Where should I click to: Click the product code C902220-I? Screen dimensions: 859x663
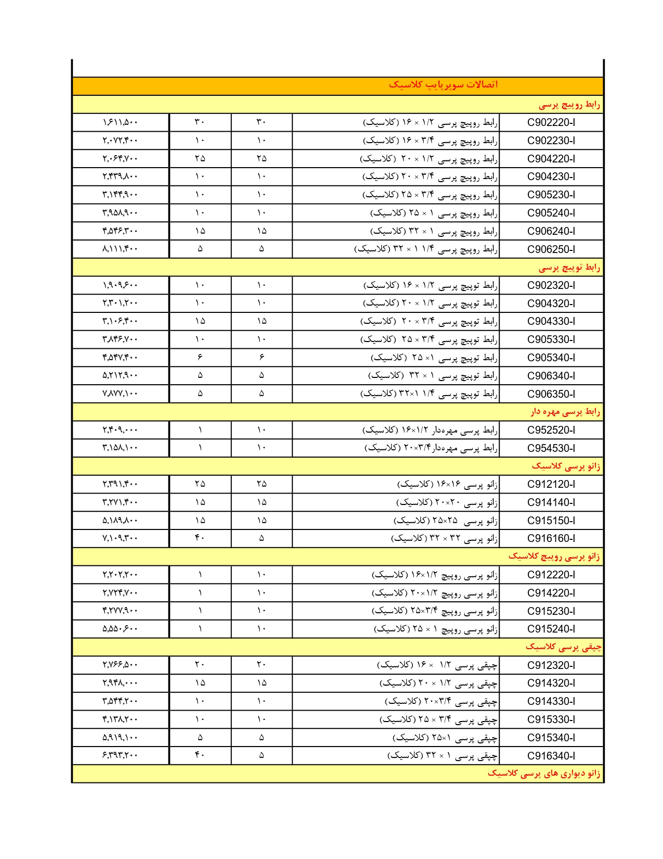click(x=551, y=122)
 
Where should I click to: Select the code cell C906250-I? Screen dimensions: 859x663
click(x=551, y=249)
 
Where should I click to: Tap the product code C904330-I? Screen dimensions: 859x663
click(x=551, y=321)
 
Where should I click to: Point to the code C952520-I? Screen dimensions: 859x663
click(x=551, y=430)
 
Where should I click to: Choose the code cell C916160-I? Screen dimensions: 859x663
click(x=551, y=538)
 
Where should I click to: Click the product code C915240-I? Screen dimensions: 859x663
click(x=551, y=629)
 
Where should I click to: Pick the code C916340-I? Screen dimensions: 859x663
click(x=551, y=755)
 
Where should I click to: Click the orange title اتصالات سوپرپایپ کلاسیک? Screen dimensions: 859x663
click(x=443, y=85)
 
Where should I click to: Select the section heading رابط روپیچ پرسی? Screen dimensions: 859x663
click(x=569, y=105)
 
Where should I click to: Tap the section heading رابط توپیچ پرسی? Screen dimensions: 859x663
click(x=569, y=268)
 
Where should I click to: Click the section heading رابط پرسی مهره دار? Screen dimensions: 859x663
click(x=565, y=412)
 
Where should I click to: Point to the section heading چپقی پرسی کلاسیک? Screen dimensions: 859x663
click(x=563, y=647)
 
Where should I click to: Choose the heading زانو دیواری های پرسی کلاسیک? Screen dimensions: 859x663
click(x=543, y=774)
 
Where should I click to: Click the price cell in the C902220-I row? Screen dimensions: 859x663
click(x=120, y=122)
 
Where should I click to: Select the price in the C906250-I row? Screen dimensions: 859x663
click(x=120, y=249)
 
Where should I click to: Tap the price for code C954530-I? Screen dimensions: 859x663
click(x=120, y=448)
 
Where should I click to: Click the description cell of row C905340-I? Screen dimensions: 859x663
click(x=434, y=358)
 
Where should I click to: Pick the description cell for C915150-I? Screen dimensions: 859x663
click(x=445, y=521)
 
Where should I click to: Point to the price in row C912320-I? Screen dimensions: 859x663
click(x=120, y=665)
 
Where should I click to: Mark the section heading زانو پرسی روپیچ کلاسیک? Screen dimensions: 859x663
click(x=554, y=557)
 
